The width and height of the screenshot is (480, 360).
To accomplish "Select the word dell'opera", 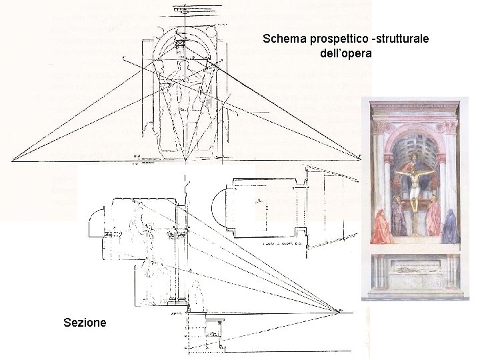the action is point(345,53).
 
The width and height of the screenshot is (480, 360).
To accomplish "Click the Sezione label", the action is point(85,323).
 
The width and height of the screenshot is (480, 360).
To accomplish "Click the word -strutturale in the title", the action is point(398,39).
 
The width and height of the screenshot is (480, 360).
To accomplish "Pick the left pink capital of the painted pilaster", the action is point(381,126).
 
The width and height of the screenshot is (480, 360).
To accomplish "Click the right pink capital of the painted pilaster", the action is point(450,126).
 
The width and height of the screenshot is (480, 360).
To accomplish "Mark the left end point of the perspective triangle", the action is point(13,161).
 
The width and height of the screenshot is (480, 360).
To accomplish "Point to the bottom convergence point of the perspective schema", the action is point(185,161).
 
